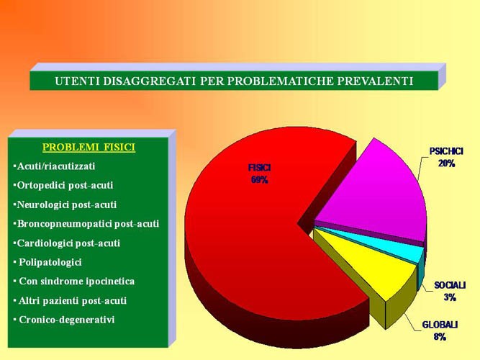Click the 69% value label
(260, 180)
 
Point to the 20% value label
(446, 163)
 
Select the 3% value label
(450, 297)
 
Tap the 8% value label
(440, 337)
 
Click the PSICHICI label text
(446, 151)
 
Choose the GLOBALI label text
(440, 325)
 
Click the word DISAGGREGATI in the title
(149, 81)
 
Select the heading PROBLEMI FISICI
(89, 147)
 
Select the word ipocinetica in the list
(110, 282)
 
